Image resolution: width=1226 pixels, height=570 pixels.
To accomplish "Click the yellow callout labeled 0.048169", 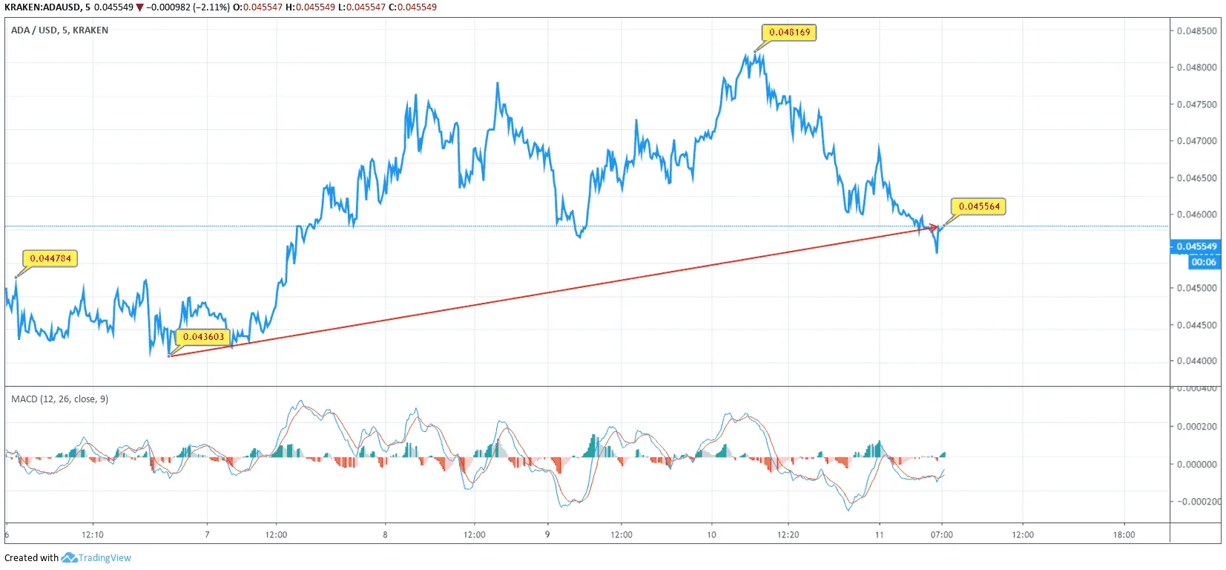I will click(x=789, y=33).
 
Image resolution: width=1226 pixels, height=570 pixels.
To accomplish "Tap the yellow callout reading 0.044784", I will click(x=50, y=258).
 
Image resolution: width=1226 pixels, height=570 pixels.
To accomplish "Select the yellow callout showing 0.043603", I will click(x=203, y=337).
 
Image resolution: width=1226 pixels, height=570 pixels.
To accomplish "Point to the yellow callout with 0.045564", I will click(x=979, y=206).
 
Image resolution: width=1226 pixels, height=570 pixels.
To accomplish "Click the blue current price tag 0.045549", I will click(x=1196, y=246).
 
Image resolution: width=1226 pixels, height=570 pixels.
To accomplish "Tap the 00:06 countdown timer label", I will click(x=1203, y=262).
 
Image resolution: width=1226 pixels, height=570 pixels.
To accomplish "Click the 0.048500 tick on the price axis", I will click(x=1196, y=31).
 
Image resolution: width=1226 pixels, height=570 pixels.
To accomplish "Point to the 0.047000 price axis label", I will click(x=1196, y=141).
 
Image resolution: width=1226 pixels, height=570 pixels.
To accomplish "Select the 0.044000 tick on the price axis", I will click(x=1196, y=361).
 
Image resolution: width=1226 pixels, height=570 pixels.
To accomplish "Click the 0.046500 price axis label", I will click(x=1196, y=178).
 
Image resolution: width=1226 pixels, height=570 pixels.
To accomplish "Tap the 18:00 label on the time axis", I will click(x=1124, y=534).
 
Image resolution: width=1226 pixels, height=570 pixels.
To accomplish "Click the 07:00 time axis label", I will click(x=942, y=534).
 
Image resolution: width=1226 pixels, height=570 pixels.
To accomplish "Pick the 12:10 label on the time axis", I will click(x=93, y=534).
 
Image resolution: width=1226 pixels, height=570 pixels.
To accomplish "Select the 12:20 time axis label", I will click(x=788, y=534).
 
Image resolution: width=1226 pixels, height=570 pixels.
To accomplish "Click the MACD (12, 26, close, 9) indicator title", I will click(x=59, y=399).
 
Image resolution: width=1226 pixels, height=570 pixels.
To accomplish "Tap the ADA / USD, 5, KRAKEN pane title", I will click(x=59, y=30).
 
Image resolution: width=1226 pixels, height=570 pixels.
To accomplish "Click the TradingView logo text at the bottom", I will click(x=105, y=558).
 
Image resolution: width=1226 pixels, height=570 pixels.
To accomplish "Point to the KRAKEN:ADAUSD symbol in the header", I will click(x=42, y=7).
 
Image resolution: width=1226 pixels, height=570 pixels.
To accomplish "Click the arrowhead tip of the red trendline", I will click(x=937, y=227).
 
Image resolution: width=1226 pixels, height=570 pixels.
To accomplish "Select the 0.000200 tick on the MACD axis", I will click(x=1196, y=427).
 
